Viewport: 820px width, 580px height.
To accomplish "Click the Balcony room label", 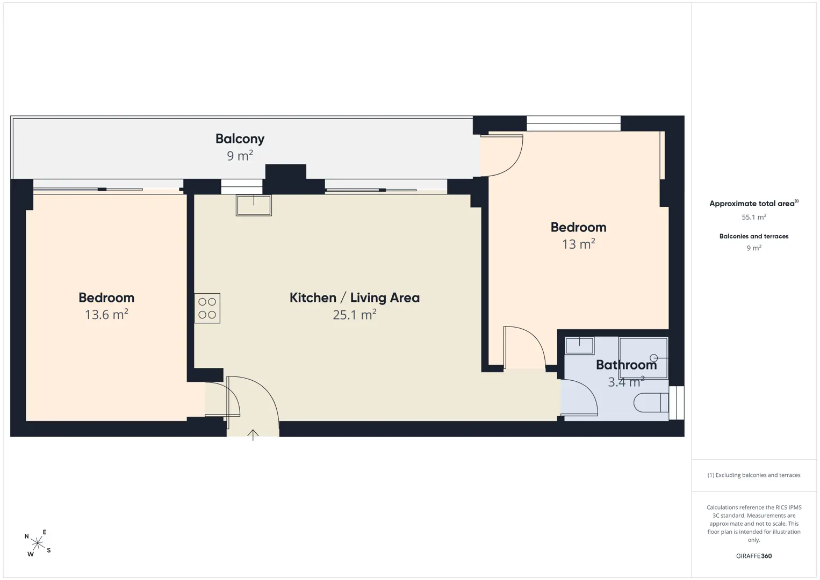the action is coord(240,139).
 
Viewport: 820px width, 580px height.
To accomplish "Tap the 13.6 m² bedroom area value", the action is coord(106,314).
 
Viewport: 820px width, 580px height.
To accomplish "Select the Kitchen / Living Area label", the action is coord(354,298).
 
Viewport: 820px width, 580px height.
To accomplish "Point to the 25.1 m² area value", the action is coord(354,314).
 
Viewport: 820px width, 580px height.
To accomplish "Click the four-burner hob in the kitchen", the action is coord(207,308).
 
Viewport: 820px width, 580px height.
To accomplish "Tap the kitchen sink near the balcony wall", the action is coord(254,205).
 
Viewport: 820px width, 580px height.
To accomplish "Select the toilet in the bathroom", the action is coord(651,403).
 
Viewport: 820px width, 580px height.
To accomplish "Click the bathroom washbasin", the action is coord(579,346).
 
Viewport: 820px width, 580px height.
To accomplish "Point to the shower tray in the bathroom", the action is coord(643,358).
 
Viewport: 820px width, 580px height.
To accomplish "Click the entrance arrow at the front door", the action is coord(253,434).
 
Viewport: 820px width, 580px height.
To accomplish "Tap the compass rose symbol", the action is coord(37,543).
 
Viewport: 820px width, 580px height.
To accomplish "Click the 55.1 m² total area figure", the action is coord(754,217).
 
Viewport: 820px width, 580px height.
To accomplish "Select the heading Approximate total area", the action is coord(754,204).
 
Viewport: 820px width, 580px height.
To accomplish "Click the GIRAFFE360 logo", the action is coord(754,556).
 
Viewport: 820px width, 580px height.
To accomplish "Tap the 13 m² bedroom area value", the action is coord(578,244).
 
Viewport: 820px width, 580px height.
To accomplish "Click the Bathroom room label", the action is coord(627,365).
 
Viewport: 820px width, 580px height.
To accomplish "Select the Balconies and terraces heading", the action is coord(754,236).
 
